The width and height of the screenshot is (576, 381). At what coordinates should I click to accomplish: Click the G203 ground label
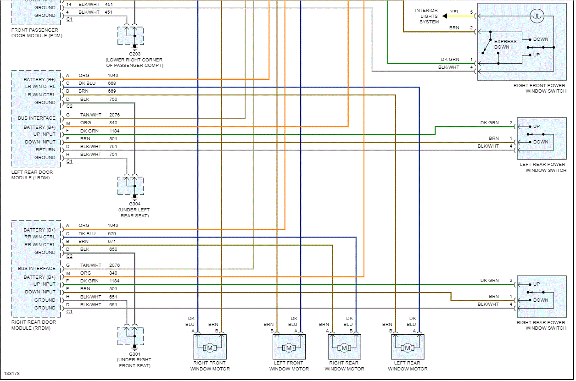click(x=134, y=54)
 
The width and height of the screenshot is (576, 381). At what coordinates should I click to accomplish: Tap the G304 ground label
click(x=134, y=204)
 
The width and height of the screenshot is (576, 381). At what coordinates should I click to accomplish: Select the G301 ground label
click(x=134, y=354)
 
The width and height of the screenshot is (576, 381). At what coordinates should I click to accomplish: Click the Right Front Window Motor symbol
click(x=210, y=348)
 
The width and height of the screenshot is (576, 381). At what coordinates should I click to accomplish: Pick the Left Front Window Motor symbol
click(x=289, y=348)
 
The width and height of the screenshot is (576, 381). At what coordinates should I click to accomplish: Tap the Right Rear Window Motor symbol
click(x=344, y=348)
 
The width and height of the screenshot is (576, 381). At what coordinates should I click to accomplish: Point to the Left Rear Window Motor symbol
click(x=408, y=348)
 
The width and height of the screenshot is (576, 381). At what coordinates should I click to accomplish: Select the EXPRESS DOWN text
click(x=505, y=44)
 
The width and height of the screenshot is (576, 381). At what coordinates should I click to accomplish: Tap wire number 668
click(x=112, y=83)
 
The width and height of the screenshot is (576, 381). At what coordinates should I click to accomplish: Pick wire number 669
click(x=112, y=91)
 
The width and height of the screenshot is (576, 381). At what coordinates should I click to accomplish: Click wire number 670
click(x=112, y=233)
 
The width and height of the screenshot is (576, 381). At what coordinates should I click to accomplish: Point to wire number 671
click(x=112, y=241)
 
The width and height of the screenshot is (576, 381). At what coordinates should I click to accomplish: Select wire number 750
click(x=112, y=99)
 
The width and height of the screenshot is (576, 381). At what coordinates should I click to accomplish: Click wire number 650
click(x=112, y=249)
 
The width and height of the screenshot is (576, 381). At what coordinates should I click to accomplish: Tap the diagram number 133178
click(x=12, y=374)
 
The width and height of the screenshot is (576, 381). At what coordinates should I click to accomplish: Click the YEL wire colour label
click(x=454, y=12)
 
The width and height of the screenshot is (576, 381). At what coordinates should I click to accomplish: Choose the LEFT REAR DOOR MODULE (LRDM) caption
click(x=32, y=175)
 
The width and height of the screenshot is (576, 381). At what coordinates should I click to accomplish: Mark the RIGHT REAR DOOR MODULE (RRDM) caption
click(x=34, y=325)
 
